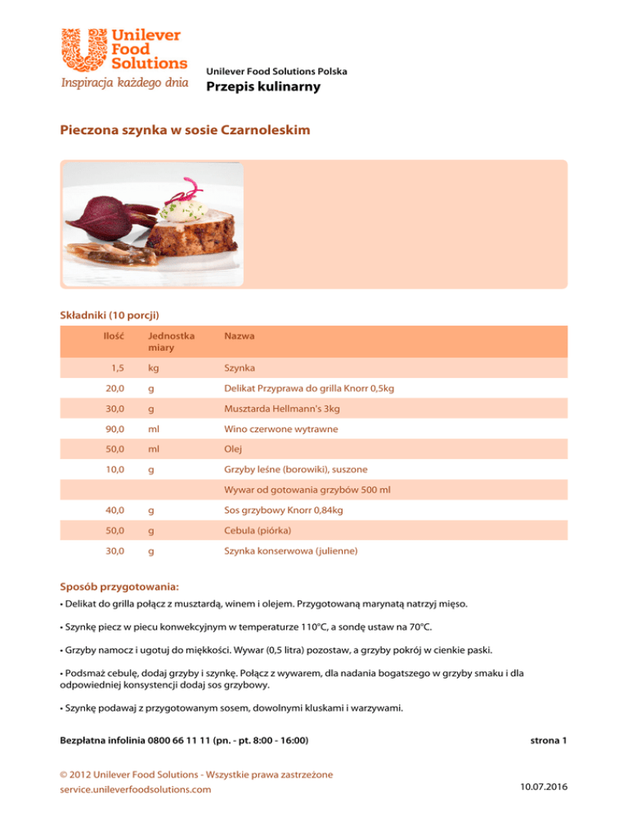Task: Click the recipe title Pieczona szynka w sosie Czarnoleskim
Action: point(185,130)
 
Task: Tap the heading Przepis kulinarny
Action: point(263,88)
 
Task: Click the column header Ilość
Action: point(114,335)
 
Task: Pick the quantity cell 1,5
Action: point(116,371)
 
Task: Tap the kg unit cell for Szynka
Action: point(154,371)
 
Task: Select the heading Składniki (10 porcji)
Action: point(110,314)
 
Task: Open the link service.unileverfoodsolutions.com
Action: point(136,789)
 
